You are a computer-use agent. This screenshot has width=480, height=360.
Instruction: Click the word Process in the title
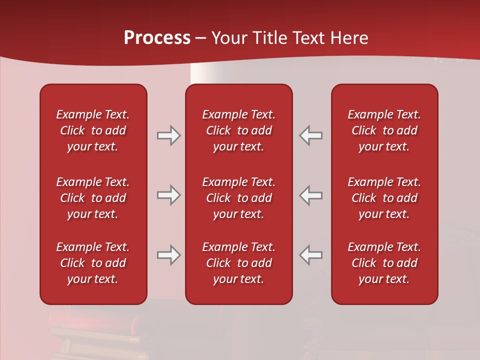coord(157,38)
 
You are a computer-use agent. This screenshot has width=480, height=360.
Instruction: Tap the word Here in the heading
coord(349,38)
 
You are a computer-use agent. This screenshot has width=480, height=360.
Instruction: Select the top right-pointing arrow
coord(168,135)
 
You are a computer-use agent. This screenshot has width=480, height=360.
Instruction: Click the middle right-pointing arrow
coord(168,195)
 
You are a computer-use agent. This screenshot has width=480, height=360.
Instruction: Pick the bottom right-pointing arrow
coord(168,255)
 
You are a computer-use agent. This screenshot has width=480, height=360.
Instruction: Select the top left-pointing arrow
coord(311,135)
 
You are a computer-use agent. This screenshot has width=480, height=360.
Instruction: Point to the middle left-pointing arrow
coord(311,195)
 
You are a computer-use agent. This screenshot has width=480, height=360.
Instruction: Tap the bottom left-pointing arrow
coord(311,255)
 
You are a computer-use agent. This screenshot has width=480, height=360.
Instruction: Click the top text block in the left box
coord(93,130)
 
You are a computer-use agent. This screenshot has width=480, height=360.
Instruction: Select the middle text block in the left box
coord(93,198)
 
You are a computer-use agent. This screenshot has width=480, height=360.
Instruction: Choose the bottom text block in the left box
coord(93,263)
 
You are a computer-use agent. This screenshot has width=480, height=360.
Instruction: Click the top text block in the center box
coord(239,130)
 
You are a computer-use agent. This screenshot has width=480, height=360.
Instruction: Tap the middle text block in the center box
coord(239,198)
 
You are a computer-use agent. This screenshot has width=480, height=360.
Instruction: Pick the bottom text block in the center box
coord(239,263)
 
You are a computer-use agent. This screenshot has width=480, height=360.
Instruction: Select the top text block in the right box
coord(384,130)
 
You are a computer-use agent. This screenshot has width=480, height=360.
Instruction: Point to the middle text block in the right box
coord(384,198)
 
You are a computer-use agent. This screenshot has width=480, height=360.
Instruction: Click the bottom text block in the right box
coord(384,263)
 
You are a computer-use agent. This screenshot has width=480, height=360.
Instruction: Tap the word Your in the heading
coord(227,38)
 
